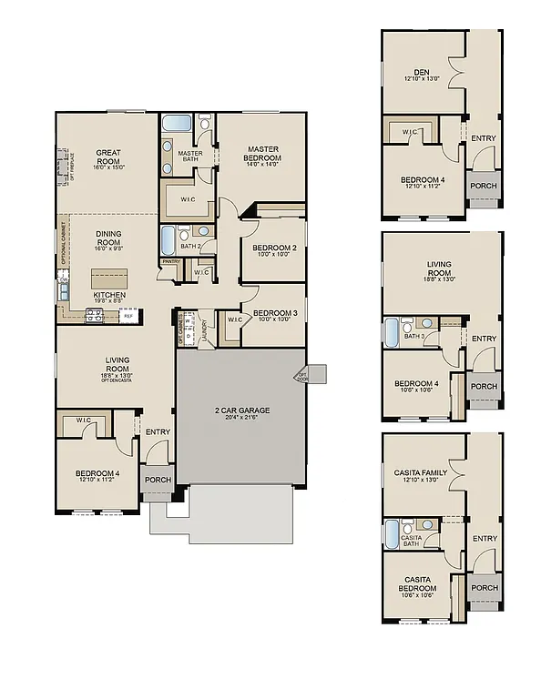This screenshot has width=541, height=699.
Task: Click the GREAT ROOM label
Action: click(x=108, y=156)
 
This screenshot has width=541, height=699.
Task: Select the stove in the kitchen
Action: click(x=93, y=316)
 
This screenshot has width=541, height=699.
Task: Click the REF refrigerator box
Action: click(x=128, y=316)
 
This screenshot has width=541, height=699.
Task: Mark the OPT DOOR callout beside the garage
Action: click(x=301, y=376)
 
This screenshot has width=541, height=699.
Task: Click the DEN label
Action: click(x=421, y=72)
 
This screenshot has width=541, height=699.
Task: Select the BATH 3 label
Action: click(x=415, y=336)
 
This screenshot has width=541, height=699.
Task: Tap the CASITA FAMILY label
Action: click(x=420, y=471)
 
